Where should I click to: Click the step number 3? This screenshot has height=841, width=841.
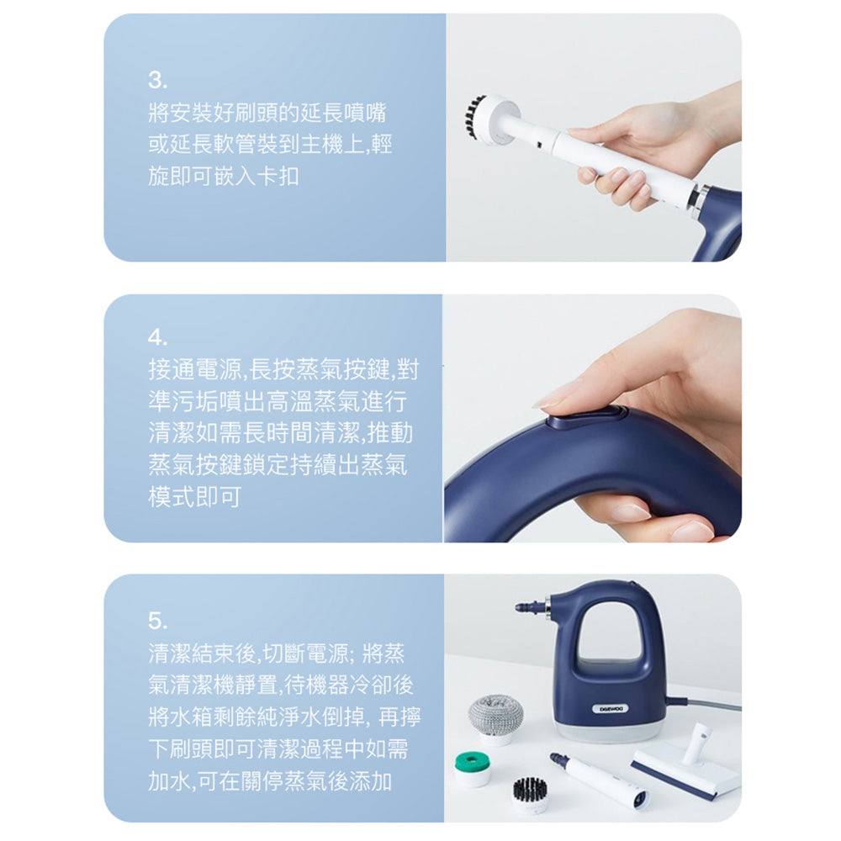click(157, 81)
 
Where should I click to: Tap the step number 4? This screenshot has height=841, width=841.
click(158, 337)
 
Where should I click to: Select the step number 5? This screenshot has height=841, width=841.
click(158, 621)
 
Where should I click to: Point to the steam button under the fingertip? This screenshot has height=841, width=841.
click(585, 416)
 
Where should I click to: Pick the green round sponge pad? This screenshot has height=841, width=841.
click(472, 768)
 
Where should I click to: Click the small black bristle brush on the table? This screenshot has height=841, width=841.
click(531, 794)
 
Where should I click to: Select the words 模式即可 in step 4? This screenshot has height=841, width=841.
click(194, 497)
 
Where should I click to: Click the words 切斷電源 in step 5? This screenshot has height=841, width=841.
click(306, 653)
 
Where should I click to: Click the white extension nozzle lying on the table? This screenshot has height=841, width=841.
click(600, 781)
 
